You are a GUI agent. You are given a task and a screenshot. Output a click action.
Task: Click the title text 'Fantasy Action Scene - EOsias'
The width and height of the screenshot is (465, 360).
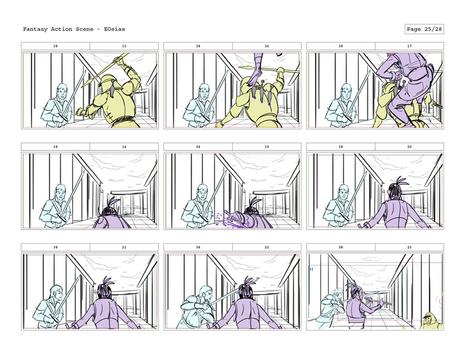pos(74,29)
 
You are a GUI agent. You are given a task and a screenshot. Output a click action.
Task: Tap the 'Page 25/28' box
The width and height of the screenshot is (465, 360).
pos(424,29)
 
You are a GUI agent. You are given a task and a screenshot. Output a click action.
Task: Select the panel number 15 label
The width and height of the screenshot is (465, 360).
pos(124,46)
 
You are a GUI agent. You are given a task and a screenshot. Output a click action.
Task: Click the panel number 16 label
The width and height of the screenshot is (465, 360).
pos(267,46)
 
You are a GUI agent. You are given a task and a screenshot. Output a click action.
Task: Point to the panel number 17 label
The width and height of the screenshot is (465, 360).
pos(410,46)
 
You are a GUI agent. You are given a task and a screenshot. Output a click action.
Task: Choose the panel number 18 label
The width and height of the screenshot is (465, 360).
pos(124,147)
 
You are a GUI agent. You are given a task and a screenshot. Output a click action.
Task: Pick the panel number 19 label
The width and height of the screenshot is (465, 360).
pos(267,147)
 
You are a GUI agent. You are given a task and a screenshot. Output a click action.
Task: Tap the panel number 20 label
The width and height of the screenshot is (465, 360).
pos(410,147)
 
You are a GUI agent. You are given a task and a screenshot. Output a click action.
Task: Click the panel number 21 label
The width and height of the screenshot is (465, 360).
pos(124,247)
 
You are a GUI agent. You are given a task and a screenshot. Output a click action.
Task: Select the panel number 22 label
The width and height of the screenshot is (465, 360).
pos(267,247)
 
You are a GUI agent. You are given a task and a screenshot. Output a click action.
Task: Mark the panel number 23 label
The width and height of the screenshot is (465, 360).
pos(410,247)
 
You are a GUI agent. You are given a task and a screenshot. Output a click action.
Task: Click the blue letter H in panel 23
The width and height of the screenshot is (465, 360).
pos(311,269)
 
